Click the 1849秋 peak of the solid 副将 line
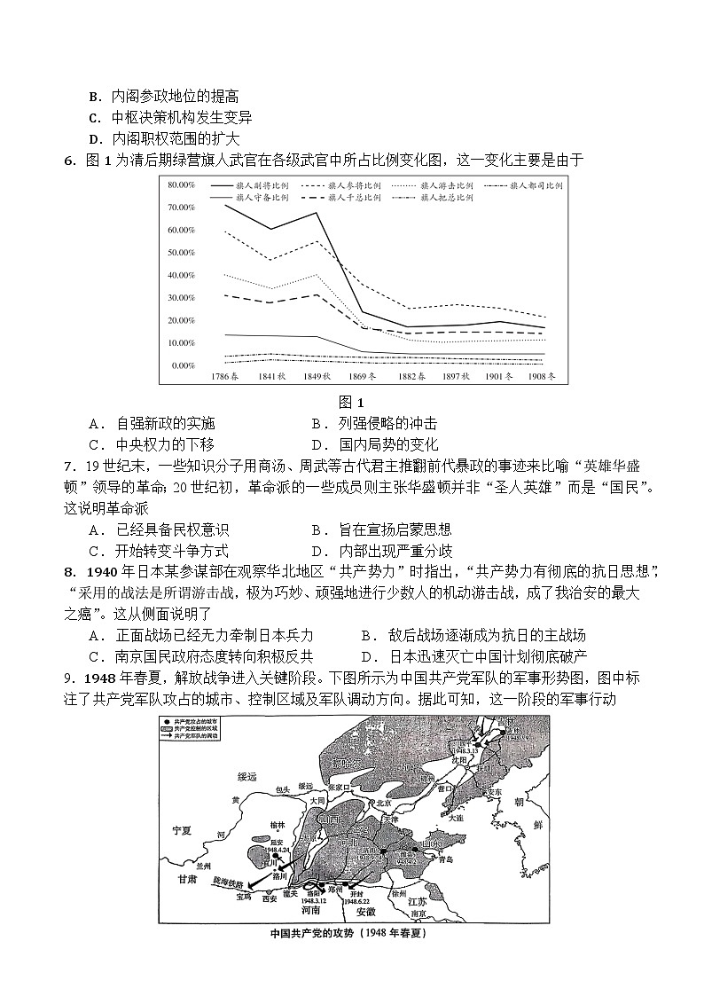317,214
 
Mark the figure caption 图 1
352,402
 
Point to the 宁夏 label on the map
182,829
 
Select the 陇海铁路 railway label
227,881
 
